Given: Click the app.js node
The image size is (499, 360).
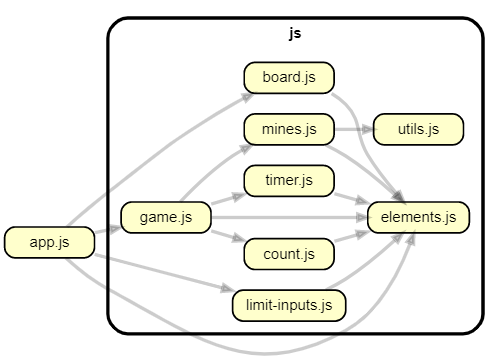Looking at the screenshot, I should tap(49, 242).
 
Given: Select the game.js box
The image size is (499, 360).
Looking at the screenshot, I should tap(164, 217).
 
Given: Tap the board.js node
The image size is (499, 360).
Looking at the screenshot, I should tap(288, 77).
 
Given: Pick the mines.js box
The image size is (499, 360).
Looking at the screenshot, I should tap(288, 129).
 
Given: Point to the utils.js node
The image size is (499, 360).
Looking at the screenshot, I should tap(417, 129).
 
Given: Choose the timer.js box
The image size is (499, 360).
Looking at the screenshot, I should tap(288, 180).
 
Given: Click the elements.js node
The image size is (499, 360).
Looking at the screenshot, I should tap(417, 217).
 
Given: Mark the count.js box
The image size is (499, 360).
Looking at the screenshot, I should tap(288, 254).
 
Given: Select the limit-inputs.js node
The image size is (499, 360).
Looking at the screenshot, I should tap(288, 305).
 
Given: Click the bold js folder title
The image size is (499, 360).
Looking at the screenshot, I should tap(294, 33).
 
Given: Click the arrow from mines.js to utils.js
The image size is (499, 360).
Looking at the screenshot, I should tap(352, 129).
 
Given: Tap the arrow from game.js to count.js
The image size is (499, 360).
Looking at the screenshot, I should tap(226, 239).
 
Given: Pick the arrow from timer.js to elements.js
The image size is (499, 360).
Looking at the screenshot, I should tap(350, 197).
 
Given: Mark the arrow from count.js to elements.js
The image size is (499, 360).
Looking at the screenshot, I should tap(350, 237).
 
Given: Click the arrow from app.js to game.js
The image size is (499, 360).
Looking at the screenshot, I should tap(108, 231).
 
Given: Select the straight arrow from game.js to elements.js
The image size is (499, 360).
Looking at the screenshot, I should tap(290, 217).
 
